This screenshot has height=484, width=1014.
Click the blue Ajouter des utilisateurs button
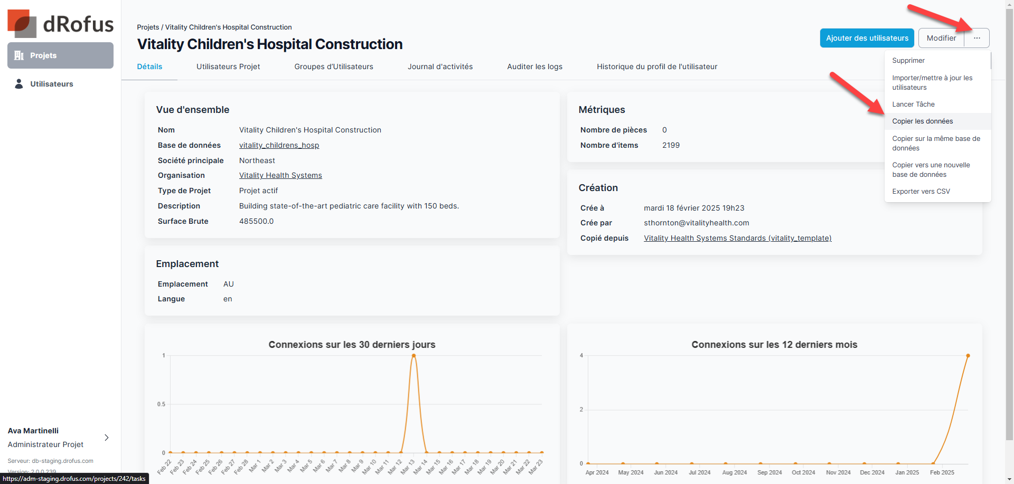click(x=867, y=38)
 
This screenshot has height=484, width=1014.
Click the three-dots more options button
click(x=977, y=38)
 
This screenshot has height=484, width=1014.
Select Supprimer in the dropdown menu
click(x=908, y=61)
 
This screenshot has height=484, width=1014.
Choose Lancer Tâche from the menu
click(x=913, y=105)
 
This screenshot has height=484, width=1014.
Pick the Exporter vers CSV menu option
click(x=921, y=192)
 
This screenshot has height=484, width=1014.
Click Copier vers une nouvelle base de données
click(x=931, y=169)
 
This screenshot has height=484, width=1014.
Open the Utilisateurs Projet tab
click(x=228, y=67)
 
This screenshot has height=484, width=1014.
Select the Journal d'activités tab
click(x=440, y=67)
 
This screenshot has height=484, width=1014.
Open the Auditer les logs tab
click(x=534, y=67)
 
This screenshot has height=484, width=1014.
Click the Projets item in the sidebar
click(x=60, y=55)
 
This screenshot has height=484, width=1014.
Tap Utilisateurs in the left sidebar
click(x=51, y=84)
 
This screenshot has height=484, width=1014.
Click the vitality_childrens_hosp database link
click(x=279, y=145)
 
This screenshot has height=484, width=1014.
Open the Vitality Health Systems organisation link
click(x=280, y=176)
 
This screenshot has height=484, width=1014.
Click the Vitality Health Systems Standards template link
click(x=737, y=238)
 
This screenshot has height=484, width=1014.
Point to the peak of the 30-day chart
click(x=414, y=356)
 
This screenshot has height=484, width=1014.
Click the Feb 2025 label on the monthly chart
click(x=942, y=472)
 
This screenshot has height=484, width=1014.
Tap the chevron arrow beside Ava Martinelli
click(x=107, y=438)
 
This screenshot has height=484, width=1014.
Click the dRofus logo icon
click(x=22, y=24)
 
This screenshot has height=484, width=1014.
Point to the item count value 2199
click(x=671, y=145)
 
